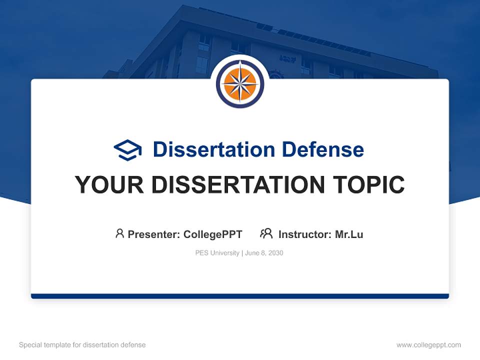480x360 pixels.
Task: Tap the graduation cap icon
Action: [x=127, y=150]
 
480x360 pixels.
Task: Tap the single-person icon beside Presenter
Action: [x=119, y=233]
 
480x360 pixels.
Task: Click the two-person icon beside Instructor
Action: [x=266, y=233]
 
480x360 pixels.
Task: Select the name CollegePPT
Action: [x=213, y=234]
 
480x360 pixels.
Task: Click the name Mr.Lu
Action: [x=349, y=234]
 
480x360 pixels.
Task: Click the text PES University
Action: [x=217, y=253]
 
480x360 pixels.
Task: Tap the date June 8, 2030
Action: [x=264, y=253]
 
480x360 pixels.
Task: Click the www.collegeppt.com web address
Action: [x=428, y=345]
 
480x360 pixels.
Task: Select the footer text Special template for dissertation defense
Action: [x=82, y=345]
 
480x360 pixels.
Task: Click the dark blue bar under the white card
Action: [x=240, y=296]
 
